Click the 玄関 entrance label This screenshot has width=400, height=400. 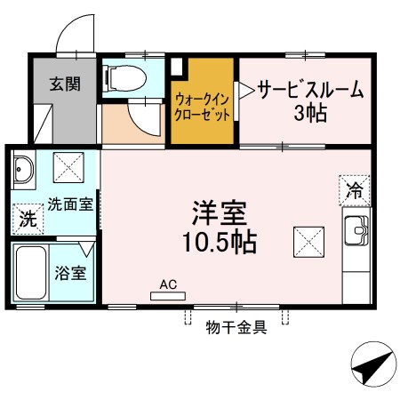65,84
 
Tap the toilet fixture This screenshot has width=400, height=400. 124,78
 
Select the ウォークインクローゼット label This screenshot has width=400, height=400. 203,107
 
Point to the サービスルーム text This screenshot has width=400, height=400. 310,89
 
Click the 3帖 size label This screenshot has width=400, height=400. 310,113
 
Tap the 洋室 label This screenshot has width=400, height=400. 220,213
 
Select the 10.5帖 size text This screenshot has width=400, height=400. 220,242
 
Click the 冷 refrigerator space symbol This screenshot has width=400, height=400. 355,190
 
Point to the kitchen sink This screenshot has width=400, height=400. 356,230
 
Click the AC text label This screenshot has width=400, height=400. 168,284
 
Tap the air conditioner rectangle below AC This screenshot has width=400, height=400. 168,296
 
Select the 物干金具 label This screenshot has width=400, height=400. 236,327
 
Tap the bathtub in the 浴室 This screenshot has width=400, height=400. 31,273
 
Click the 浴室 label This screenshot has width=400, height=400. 70,273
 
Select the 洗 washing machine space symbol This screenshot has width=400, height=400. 28,220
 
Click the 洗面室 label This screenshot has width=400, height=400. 70,204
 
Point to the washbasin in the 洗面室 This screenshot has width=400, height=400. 24,169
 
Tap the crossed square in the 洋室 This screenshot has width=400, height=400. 308,242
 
